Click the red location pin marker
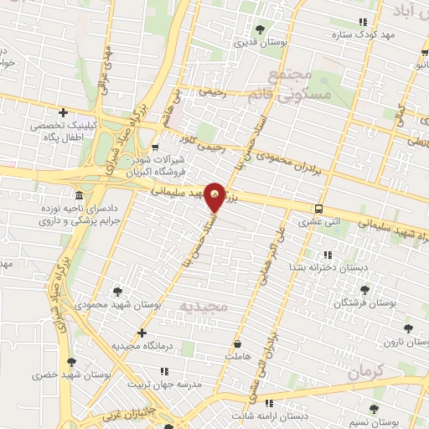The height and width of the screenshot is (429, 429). tap(216, 198)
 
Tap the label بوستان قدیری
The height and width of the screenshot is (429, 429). tap(261, 42)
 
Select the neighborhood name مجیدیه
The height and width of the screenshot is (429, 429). tap(203, 307)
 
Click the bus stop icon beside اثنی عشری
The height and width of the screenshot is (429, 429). tap(318, 209)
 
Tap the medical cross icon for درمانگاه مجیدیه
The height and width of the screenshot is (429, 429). tap(142, 333)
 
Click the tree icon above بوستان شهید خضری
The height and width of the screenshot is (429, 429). tap(72, 362)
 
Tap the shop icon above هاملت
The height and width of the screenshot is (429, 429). tap(238, 344)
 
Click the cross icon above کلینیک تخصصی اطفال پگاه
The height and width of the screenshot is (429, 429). tap(64, 112)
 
